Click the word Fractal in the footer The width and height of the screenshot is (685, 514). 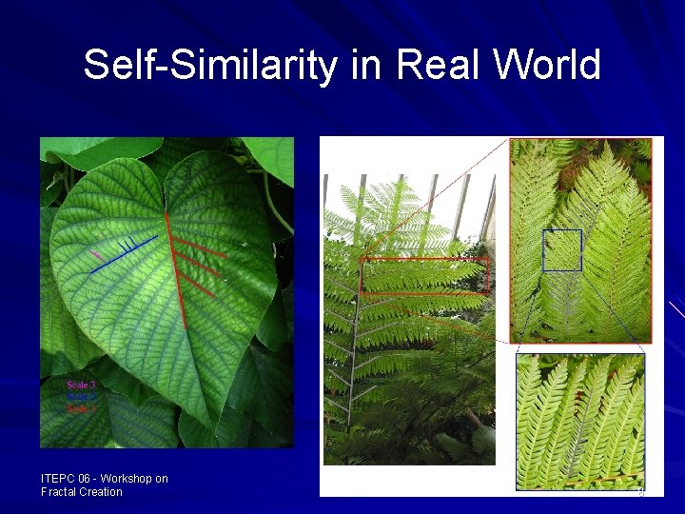pos(58,492)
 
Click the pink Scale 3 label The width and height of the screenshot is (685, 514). pos(81,385)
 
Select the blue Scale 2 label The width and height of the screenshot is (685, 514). pos(81,396)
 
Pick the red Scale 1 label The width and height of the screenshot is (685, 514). pos(81,408)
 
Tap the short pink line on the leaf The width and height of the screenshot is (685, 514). pos(97,255)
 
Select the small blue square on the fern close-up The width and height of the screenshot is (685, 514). pos(561,250)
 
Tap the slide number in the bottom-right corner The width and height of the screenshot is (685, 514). pos(641,492)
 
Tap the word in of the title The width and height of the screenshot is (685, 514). pos(368,66)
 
